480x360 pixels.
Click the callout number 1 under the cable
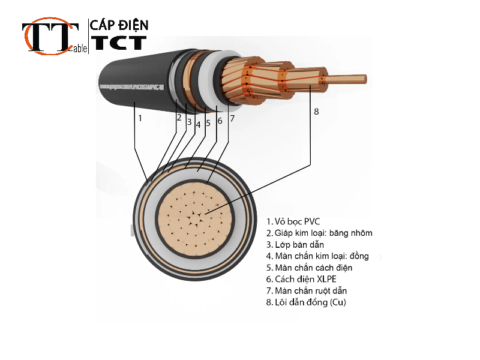coord(140,118)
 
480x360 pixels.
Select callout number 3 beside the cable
coord(188,122)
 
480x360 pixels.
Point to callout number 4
coord(198,125)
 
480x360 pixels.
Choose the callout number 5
coord(208,123)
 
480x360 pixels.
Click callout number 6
coord(220,121)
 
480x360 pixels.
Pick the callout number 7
coord(232,118)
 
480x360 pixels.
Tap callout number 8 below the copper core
coord(316,112)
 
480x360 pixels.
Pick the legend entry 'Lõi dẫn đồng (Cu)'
coord(306,302)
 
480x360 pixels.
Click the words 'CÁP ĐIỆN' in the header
coord(119,25)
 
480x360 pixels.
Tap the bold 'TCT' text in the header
coord(118,43)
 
